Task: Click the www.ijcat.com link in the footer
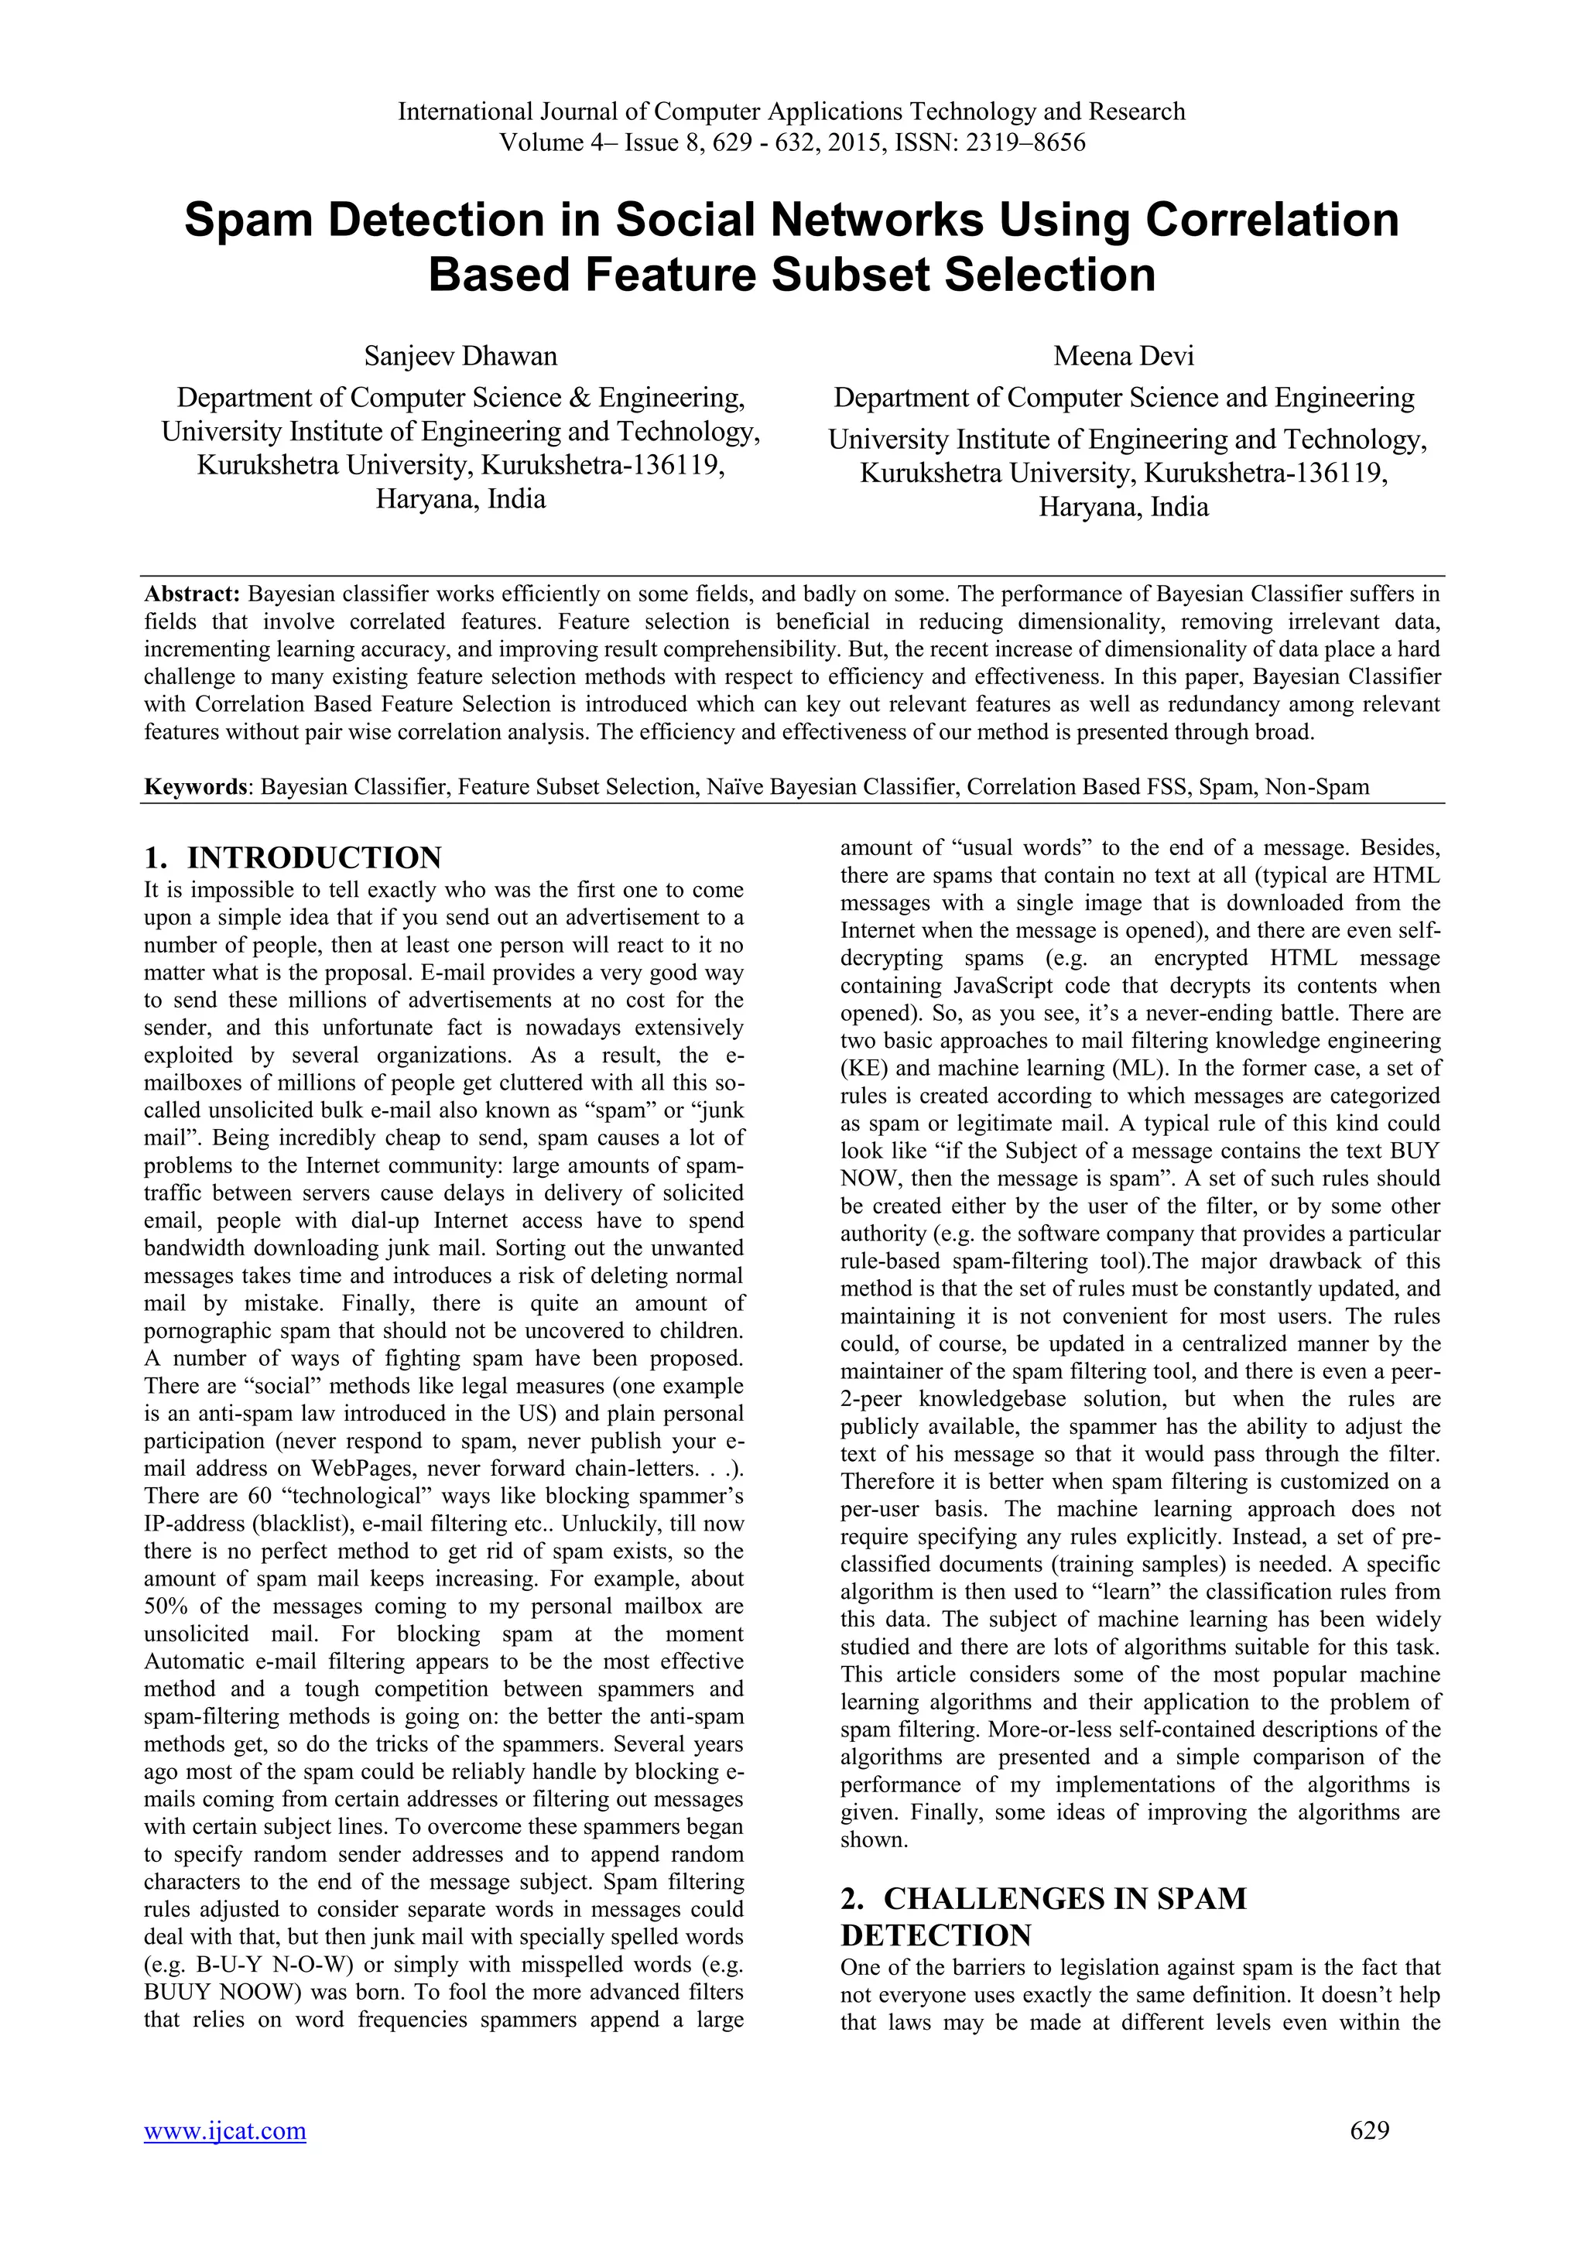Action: (224, 2158)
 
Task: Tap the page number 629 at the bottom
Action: (1369, 2157)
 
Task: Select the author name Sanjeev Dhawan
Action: (460, 356)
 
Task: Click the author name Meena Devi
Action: (1124, 356)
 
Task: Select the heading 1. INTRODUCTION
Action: (292, 858)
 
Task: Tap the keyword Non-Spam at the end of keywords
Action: (1316, 787)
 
